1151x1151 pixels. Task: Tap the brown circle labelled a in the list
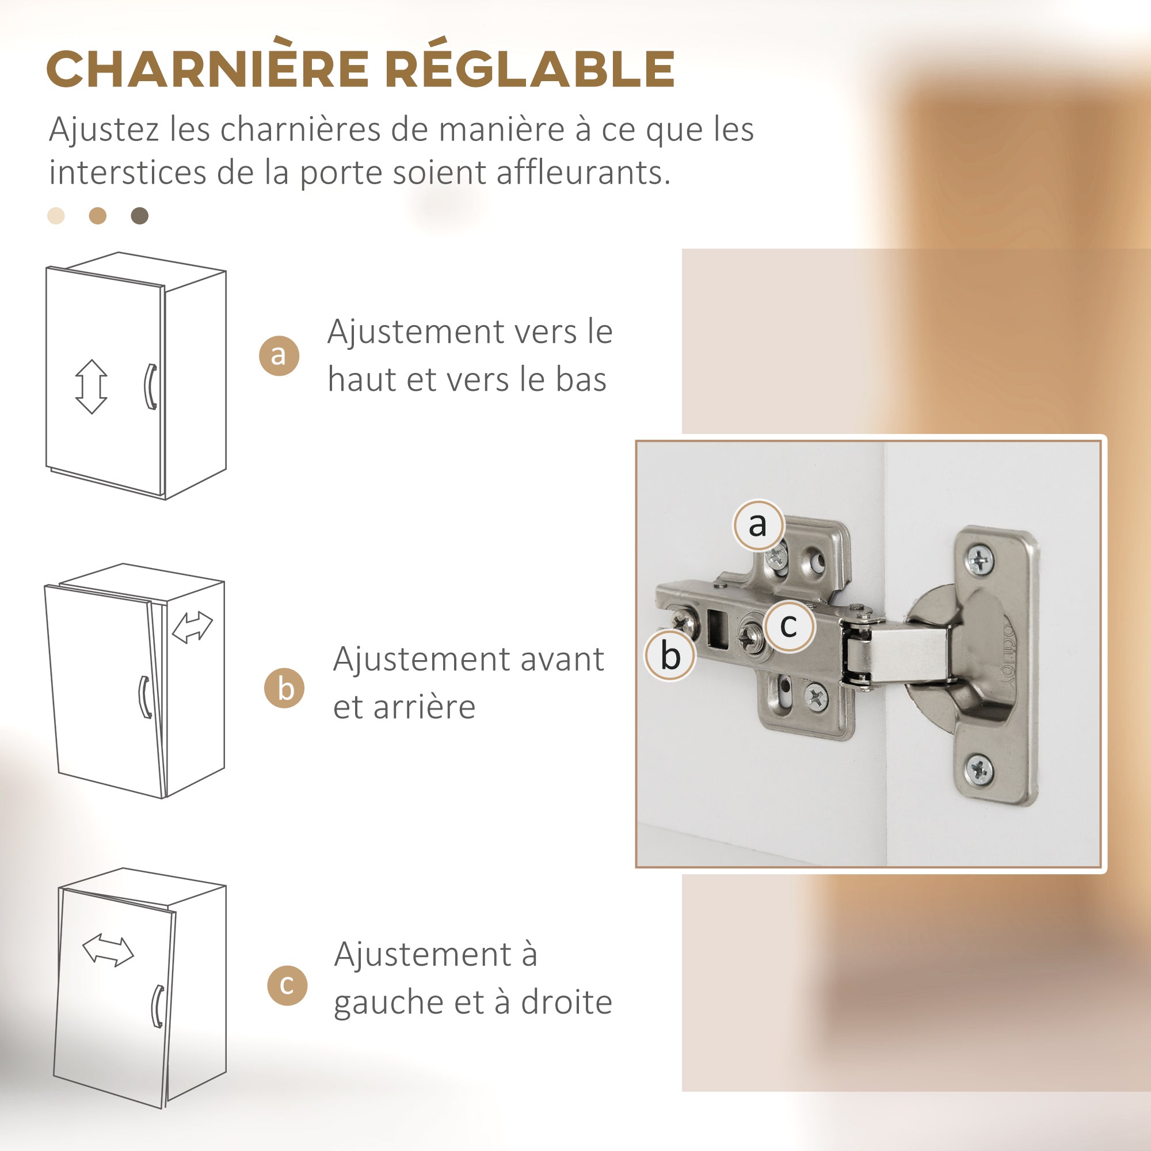[279, 355]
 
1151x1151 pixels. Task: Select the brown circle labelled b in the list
[285, 688]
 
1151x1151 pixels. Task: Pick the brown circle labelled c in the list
[287, 985]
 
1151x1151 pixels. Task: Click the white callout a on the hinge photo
[758, 525]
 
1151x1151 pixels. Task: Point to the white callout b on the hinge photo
[670, 655]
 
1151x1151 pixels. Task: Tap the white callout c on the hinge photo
[789, 626]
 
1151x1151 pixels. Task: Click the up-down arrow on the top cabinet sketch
[91, 386]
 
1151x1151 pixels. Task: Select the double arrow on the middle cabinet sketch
[192, 627]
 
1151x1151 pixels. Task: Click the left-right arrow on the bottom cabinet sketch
[108, 950]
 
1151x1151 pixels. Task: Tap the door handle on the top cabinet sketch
[151, 387]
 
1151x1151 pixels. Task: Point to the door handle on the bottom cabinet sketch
[157, 1006]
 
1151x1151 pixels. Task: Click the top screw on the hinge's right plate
[980, 559]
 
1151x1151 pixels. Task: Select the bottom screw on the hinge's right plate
[978, 769]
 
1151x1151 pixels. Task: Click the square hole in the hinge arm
[718, 628]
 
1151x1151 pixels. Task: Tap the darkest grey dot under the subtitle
[139, 216]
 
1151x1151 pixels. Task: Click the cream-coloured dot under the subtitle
[56, 216]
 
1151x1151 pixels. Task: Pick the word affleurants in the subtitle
[583, 173]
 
